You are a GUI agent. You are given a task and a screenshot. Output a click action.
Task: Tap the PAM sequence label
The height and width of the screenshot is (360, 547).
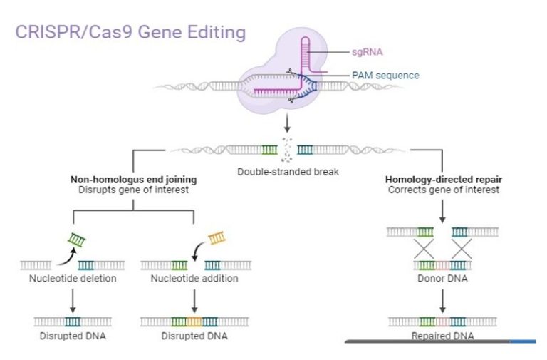(x=385, y=75)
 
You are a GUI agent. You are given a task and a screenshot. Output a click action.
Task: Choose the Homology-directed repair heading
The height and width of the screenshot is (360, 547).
(x=443, y=180)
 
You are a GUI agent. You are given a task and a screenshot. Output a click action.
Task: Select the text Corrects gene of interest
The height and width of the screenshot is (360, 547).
(x=443, y=190)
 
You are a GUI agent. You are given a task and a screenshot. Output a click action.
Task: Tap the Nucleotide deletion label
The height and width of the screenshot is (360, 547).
(x=73, y=278)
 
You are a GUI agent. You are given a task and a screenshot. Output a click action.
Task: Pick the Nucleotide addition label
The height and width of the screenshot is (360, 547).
(x=194, y=278)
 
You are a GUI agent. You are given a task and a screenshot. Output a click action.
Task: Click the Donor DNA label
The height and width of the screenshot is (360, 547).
(x=442, y=278)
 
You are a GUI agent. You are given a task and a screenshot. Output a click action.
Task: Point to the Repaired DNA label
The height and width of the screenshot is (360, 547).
(x=442, y=335)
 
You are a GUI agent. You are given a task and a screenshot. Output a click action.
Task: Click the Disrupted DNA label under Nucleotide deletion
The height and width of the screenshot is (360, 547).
(x=73, y=335)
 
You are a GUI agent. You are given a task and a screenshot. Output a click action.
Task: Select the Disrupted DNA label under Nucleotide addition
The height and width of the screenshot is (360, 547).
(x=194, y=335)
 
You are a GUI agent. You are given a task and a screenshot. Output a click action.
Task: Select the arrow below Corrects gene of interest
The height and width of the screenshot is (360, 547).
(x=442, y=210)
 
